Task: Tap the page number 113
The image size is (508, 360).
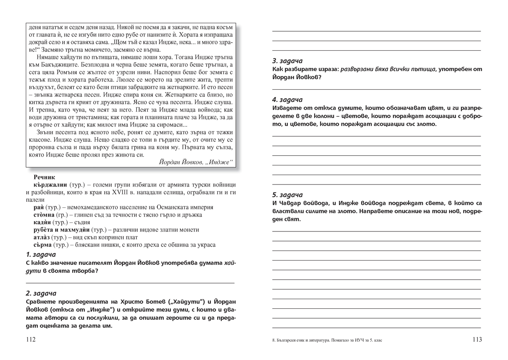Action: pos(477,340)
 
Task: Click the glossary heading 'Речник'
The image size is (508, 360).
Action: pos(44,178)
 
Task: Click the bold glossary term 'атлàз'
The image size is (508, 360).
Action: pos(44,237)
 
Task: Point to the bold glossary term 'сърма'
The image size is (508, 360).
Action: pos(43,245)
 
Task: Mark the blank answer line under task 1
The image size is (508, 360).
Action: pos(130,283)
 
